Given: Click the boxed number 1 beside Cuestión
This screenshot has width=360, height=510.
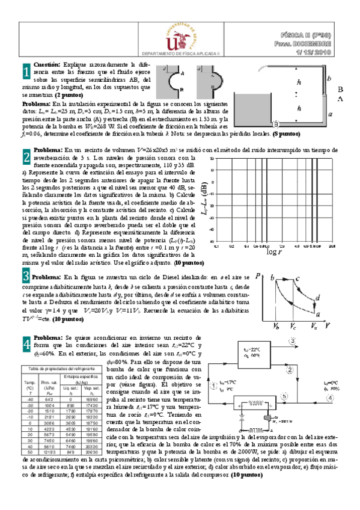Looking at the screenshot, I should (x=26, y=72).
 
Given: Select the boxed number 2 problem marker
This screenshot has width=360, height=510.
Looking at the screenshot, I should (x=26, y=158).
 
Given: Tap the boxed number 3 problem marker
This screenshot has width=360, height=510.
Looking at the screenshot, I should (x=26, y=276).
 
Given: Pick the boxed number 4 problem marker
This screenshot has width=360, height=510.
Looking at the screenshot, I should (x=26, y=345).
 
